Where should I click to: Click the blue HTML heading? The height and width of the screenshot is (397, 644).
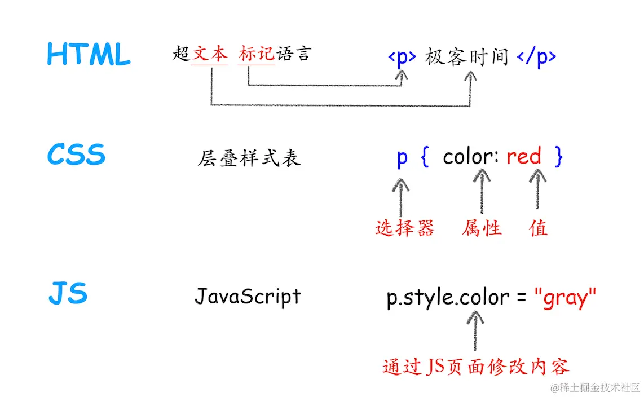[89, 55]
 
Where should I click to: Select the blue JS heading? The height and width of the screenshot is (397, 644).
[68, 294]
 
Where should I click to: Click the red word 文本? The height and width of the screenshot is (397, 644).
[210, 54]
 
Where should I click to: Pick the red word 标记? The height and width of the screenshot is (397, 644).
[257, 54]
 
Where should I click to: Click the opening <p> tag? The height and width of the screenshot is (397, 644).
[402, 58]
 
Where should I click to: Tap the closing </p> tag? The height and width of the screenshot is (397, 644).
[536, 58]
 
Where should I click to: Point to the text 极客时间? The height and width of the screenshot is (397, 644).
[467, 57]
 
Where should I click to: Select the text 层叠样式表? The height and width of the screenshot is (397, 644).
[249, 158]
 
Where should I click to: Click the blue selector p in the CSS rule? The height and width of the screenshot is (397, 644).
[402, 157]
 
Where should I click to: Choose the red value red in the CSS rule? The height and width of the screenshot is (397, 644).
[523, 156]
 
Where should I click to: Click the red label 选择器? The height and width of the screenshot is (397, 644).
[405, 228]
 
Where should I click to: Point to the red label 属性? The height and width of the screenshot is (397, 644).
[482, 228]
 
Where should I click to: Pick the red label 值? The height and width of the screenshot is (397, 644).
[539, 228]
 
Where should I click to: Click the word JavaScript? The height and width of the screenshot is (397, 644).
[248, 296]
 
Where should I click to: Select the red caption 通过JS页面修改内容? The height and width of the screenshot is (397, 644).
[476, 367]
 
